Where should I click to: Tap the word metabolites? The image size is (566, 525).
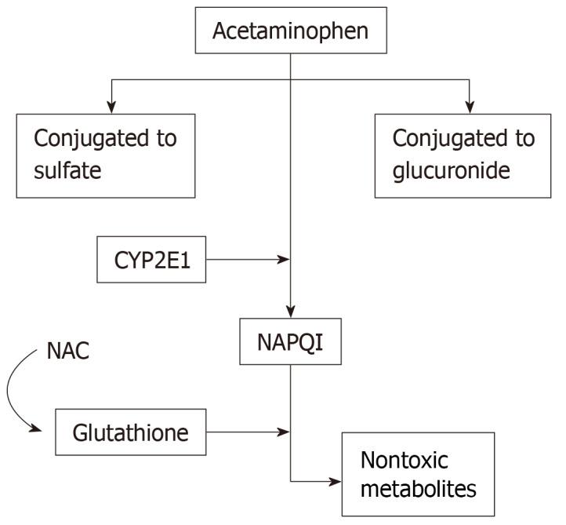[x=418, y=489]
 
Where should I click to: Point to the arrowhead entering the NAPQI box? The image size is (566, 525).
[x=291, y=310]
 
